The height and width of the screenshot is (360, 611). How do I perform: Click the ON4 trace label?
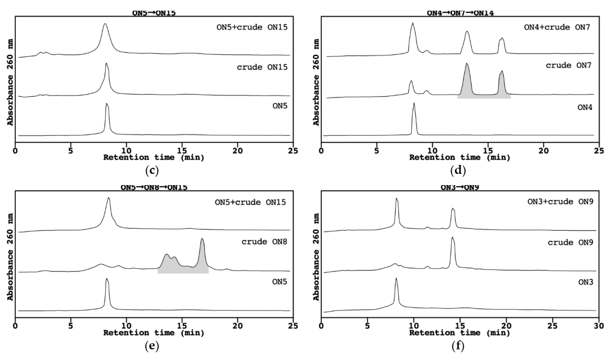pos(580,107)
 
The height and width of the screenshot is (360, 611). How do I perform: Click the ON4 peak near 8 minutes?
pos(414,104)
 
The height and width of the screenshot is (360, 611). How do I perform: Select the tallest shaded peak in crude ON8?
pos(202,240)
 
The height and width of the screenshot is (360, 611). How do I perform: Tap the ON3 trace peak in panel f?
pos(396,279)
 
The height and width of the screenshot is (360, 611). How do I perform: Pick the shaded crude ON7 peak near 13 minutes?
pos(467,66)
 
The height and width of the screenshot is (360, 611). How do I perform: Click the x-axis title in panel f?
pos(459,333)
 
